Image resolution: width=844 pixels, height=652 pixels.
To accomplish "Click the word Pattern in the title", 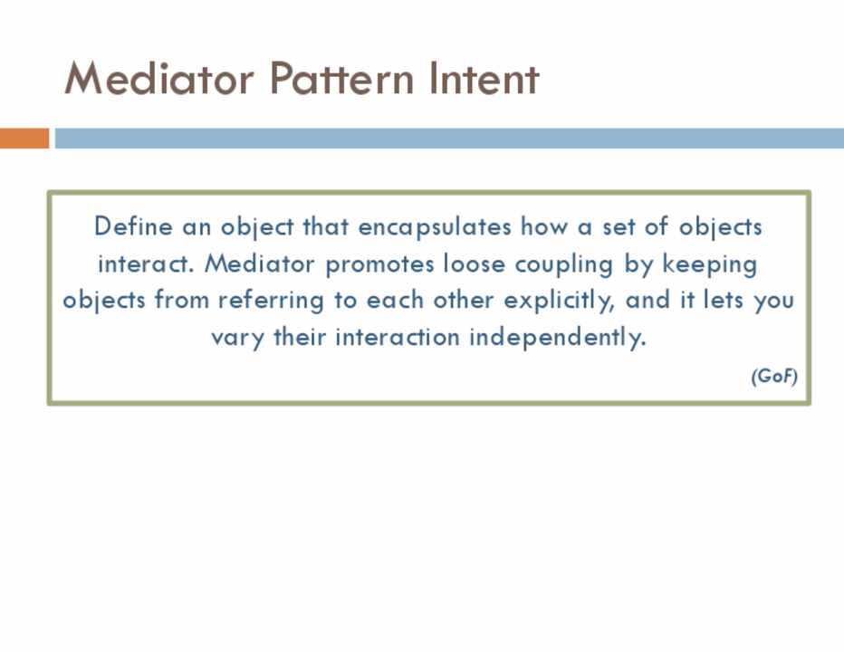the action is (x=341, y=79).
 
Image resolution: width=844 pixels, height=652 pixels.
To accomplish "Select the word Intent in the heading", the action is (x=484, y=79).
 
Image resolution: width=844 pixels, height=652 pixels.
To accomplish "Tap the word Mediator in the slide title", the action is (x=158, y=79).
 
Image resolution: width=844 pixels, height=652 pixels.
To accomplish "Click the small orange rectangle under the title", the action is (x=24, y=138).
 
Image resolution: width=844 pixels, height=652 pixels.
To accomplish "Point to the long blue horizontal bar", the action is (x=449, y=138).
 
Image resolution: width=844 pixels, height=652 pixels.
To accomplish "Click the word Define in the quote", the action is (x=133, y=226).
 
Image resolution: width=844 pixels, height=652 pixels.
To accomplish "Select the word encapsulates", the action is (x=435, y=227).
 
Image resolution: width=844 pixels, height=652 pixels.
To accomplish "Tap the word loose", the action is (x=475, y=264).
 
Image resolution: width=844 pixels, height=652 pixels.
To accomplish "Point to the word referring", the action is (x=271, y=301).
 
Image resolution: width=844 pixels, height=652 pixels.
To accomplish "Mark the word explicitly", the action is (x=559, y=301).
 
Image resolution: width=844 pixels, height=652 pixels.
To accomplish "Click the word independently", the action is (x=557, y=338).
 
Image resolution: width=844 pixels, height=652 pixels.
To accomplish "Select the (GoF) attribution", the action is (x=774, y=376).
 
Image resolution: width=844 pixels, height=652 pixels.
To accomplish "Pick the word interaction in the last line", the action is (x=398, y=338).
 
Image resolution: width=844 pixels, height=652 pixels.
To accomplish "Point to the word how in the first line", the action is (x=544, y=226).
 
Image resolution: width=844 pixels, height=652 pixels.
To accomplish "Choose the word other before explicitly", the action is (x=464, y=300).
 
